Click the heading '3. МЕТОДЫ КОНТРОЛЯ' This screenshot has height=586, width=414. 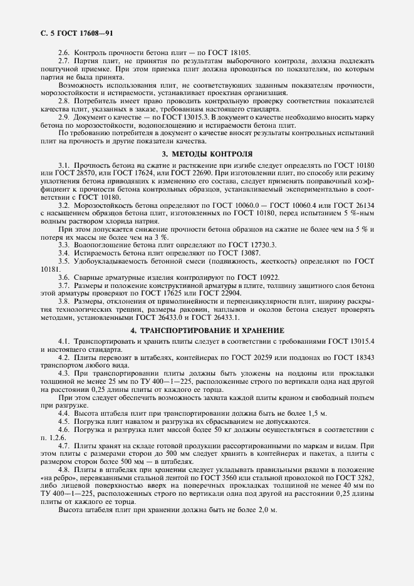(x=207, y=153)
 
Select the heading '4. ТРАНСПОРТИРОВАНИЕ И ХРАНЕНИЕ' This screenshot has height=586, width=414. (x=207, y=330)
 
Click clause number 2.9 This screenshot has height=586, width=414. (x=65, y=116)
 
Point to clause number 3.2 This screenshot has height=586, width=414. (x=65, y=205)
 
